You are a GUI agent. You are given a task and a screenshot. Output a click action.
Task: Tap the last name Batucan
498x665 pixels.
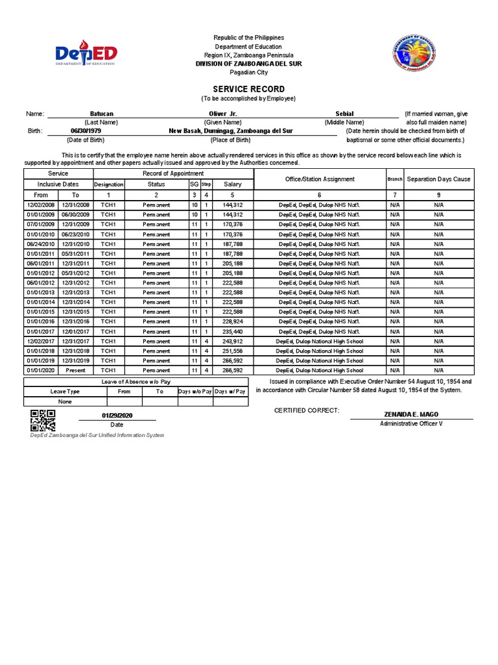[x=101, y=114]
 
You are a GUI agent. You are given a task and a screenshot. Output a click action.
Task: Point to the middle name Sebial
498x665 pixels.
[x=344, y=114]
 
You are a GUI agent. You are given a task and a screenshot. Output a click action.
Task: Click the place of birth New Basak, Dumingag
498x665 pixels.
[x=231, y=131]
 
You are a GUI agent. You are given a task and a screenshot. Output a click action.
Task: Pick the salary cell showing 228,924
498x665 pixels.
[x=232, y=321]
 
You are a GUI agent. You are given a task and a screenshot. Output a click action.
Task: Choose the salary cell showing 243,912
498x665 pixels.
[x=232, y=341]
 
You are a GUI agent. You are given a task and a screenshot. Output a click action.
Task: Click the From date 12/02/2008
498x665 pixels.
[x=41, y=205]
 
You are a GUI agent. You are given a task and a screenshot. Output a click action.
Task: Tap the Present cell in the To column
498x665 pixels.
[x=75, y=370]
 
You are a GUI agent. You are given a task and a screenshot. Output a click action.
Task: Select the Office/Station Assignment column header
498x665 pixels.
[x=320, y=179]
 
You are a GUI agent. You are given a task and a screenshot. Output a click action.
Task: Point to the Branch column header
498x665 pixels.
[x=395, y=179]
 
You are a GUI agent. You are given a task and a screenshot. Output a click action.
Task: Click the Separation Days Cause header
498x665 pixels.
[x=438, y=179]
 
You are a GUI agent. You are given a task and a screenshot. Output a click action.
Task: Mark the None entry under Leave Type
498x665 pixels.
[x=65, y=401]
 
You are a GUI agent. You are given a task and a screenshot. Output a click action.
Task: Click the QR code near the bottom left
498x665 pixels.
[x=43, y=421]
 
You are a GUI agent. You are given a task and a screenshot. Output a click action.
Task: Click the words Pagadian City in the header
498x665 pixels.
[x=249, y=72]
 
